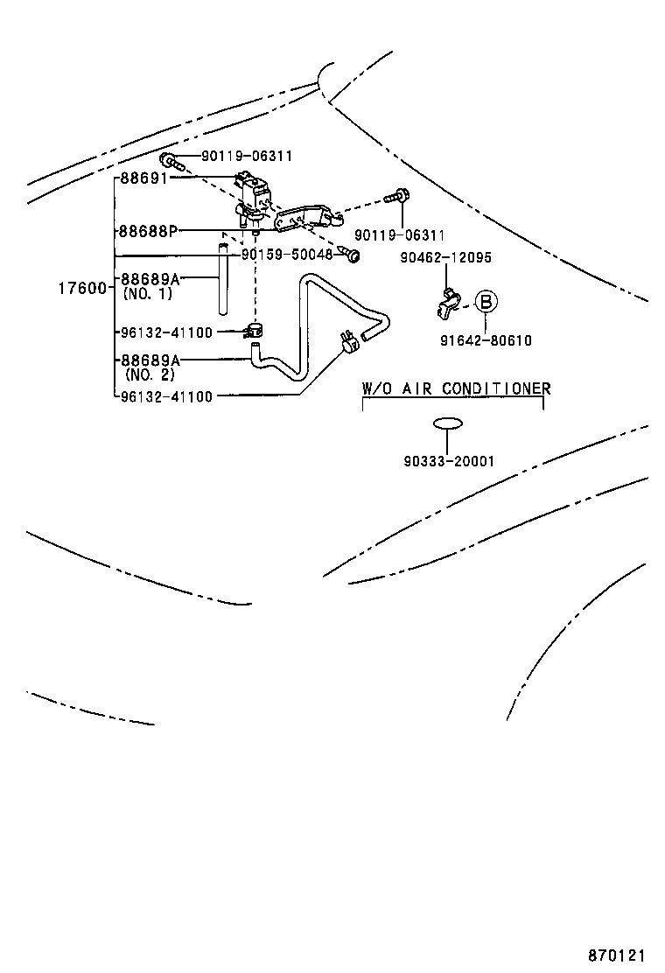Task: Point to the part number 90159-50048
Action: [287, 254]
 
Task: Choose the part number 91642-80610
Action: [486, 340]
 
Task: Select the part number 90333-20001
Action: [448, 460]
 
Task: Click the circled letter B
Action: [486, 303]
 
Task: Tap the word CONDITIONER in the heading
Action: [495, 388]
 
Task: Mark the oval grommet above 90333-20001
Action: [447, 424]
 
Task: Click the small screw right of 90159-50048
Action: [353, 255]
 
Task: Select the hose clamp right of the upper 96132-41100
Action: [255, 331]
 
